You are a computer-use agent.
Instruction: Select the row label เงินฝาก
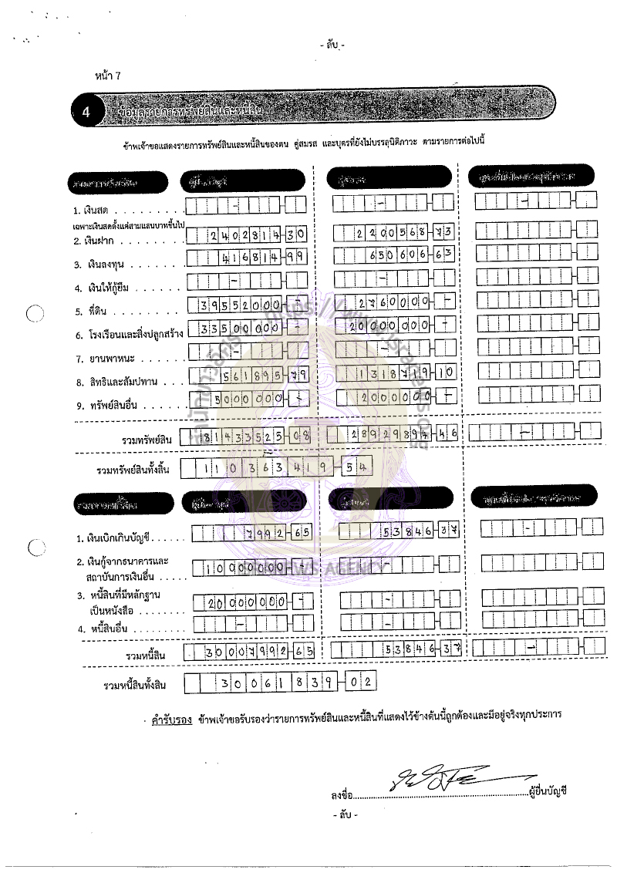pos(101,241)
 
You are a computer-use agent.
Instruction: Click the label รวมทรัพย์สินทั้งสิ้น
pos(133,470)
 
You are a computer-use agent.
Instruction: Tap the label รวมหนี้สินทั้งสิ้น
pos(135,685)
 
